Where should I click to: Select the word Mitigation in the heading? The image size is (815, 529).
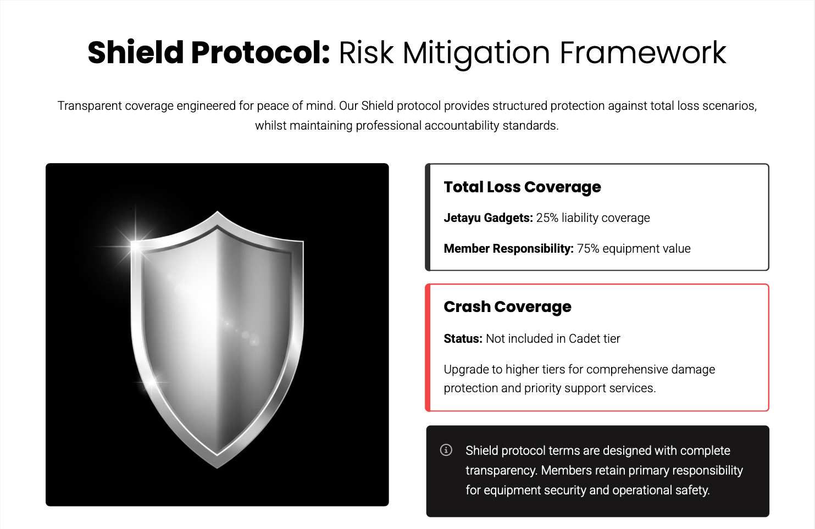[x=476, y=54]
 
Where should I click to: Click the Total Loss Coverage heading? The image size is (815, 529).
[x=522, y=187]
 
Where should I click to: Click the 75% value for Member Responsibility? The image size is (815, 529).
[x=588, y=249]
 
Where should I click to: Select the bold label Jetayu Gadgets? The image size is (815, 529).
[x=488, y=218]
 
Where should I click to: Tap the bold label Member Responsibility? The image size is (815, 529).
[x=509, y=249]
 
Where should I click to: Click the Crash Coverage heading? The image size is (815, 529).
[x=508, y=307]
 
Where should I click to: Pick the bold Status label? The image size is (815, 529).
[x=463, y=339]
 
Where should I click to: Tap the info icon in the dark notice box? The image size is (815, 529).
[x=446, y=450]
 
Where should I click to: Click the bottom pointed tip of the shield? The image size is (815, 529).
[x=217, y=468]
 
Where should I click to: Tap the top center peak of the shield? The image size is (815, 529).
[x=217, y=211]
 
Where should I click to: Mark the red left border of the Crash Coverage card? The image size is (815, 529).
[x=428, y=348]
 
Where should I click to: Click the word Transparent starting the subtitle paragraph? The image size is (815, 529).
[x=90, y=106]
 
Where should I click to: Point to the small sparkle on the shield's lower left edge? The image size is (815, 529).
[x=152, y=382]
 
